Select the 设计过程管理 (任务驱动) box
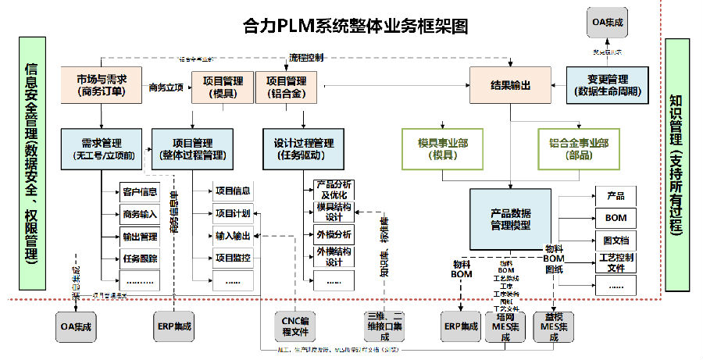pos(303,148)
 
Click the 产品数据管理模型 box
pos(511,219)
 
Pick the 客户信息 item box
pos(140,191)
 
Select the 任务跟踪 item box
pos(140,258)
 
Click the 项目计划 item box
pos(232,213)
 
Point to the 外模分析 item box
pos(334,234)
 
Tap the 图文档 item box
pos(616,240)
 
